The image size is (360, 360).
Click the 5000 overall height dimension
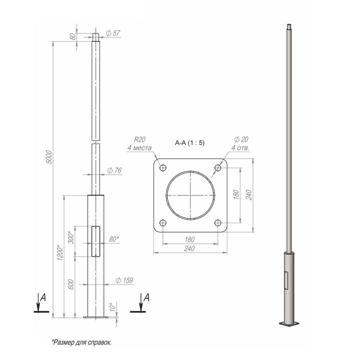coord(49,157)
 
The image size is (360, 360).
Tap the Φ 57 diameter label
coord(113,33)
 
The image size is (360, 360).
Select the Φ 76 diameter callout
coord(114,171)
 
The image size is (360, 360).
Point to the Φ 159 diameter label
coord(124,280)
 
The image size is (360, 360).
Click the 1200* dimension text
coord(60,253)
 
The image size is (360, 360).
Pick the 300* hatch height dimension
coord(72,238)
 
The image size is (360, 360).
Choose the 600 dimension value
coord(72,284)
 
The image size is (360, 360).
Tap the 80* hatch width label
coord(114,239)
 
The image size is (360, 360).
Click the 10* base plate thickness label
coord(112,307)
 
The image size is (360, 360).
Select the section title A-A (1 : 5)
coord(189,143)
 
